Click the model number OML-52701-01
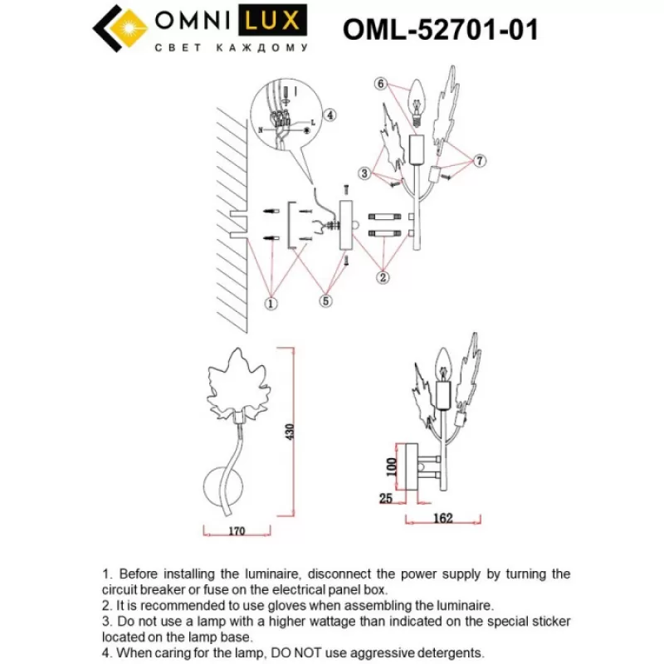[441, 30]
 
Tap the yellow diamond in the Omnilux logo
[127, 28]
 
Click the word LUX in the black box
[272, 20]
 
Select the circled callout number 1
[271, 303]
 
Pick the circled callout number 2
[383, 277]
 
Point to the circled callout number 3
[364, 173]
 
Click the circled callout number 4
[330, 115]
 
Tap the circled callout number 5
[325, 300]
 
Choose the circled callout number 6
[381, 84]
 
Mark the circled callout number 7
[480, 160]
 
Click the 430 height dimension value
[290, 432]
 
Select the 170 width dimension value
[237, 530]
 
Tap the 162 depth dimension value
[443, 518]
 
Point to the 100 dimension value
[392, 467]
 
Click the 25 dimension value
[386, 498]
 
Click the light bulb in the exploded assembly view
[417, 103]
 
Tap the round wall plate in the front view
[223, 487]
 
